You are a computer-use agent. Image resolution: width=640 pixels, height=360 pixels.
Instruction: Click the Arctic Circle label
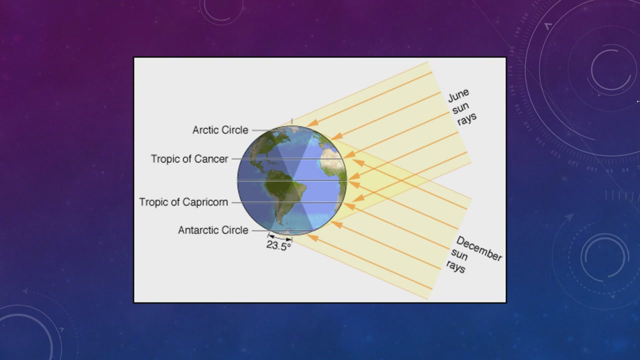tap(220, 130)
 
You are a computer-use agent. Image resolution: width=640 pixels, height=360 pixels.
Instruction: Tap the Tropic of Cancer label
tap(189, 159)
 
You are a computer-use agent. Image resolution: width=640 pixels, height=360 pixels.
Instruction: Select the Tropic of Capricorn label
tap(183, 202)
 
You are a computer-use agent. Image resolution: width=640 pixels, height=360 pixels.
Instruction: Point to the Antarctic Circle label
tap(213, 230)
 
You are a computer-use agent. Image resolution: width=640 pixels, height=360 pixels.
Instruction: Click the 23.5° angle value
tap(278, 245)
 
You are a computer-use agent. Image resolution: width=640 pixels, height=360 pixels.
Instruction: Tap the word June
tap(458, 95)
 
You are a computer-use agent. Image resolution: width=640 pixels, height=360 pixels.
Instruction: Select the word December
tap(479, 248)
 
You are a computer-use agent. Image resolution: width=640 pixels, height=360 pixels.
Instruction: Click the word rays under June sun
tap(467, 119)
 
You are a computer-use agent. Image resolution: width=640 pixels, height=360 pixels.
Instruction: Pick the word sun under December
tap(459, 254)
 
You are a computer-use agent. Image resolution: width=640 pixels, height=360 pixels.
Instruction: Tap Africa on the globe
tap(333, 171)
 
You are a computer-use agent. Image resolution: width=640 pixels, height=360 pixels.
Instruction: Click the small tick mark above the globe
tap(291, 121)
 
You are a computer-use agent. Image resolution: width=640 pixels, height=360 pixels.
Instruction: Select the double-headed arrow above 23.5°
tap(280, 237)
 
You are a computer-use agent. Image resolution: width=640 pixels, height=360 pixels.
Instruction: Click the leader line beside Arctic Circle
tap(261, 130)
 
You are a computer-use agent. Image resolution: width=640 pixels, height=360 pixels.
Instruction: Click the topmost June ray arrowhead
tap(312, 123)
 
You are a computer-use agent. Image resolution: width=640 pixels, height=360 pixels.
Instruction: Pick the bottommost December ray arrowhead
tap(312, 237)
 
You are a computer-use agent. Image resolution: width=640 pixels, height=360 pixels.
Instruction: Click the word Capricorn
tap(205, 202)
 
